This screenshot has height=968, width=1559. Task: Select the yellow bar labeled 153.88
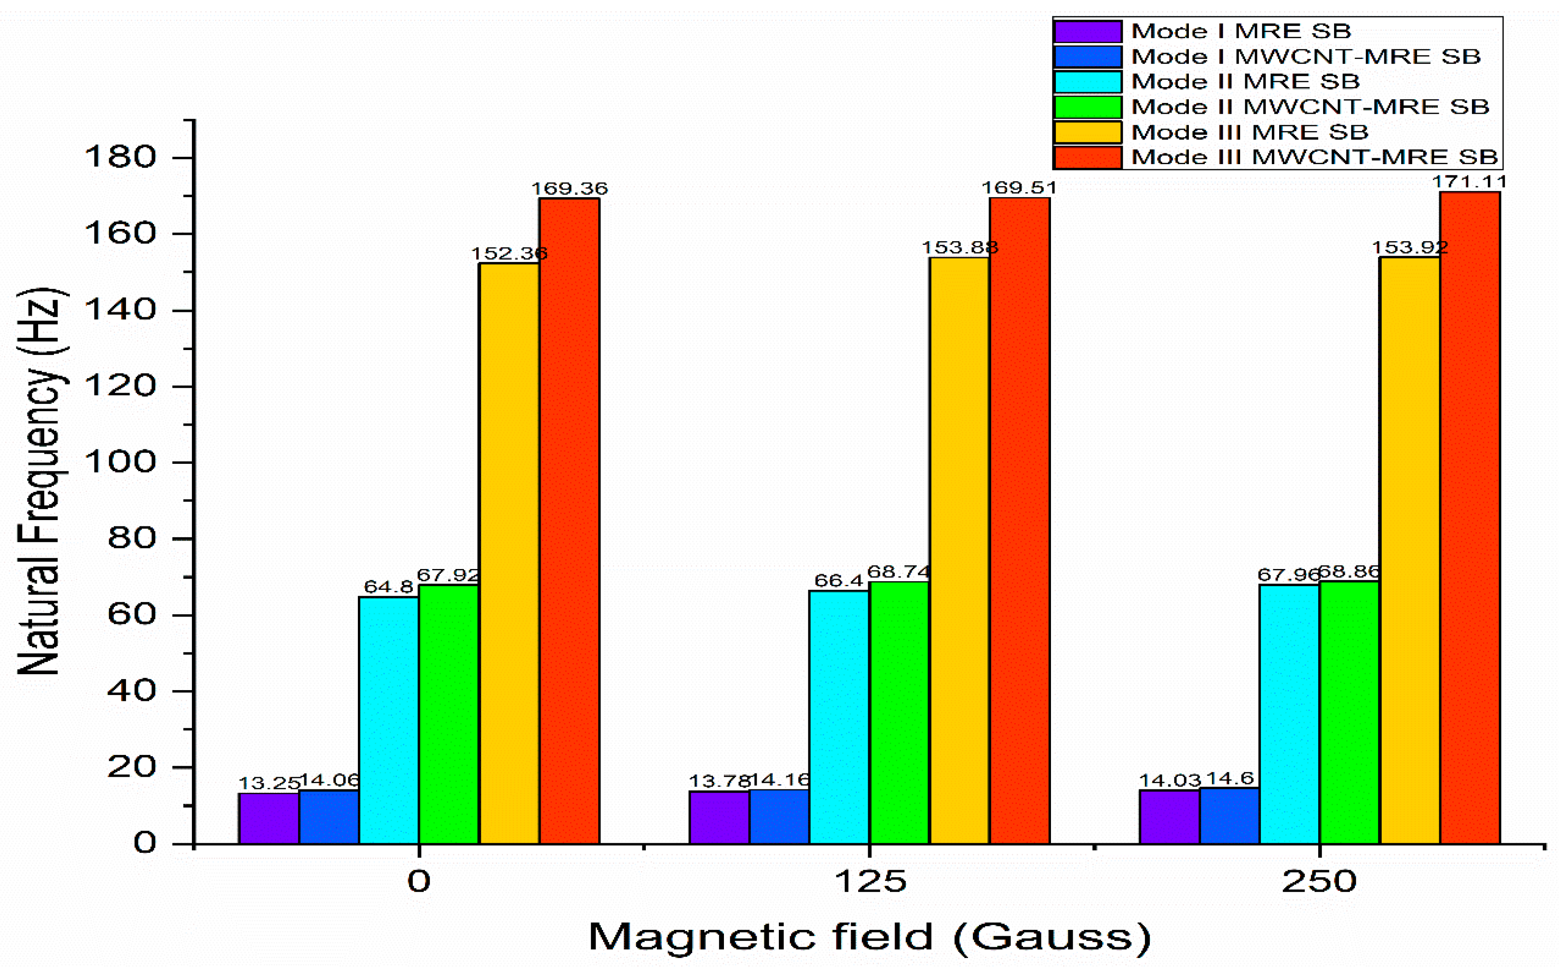pyautogui.click(x=959, y=550)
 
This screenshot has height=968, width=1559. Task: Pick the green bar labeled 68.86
pyautogui.click(x=1349, y=712)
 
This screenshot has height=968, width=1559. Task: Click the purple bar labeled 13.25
pyautogui.click(x=269, y=818)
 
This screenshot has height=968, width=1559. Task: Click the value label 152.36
pyautogui.click(x=509, y=253)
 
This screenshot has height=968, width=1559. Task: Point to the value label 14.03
pyautogui.click(x=1169, y=780)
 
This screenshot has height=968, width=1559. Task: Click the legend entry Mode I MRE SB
pyautogui.click(x=1241, y=31)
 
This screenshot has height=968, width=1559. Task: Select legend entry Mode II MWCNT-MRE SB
pyautogui.click(x=1310, y=106)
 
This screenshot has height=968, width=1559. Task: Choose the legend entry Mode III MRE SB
pyautogui.click(x=1249, y=132)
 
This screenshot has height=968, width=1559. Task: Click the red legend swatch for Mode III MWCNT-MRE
pyautogui.click(x=1087, y=157)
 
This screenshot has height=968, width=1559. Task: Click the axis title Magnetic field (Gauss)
pyautogui.click(x=869, y=937)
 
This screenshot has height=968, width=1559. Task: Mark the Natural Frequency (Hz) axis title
pyautogui.click(x=40, y=482)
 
